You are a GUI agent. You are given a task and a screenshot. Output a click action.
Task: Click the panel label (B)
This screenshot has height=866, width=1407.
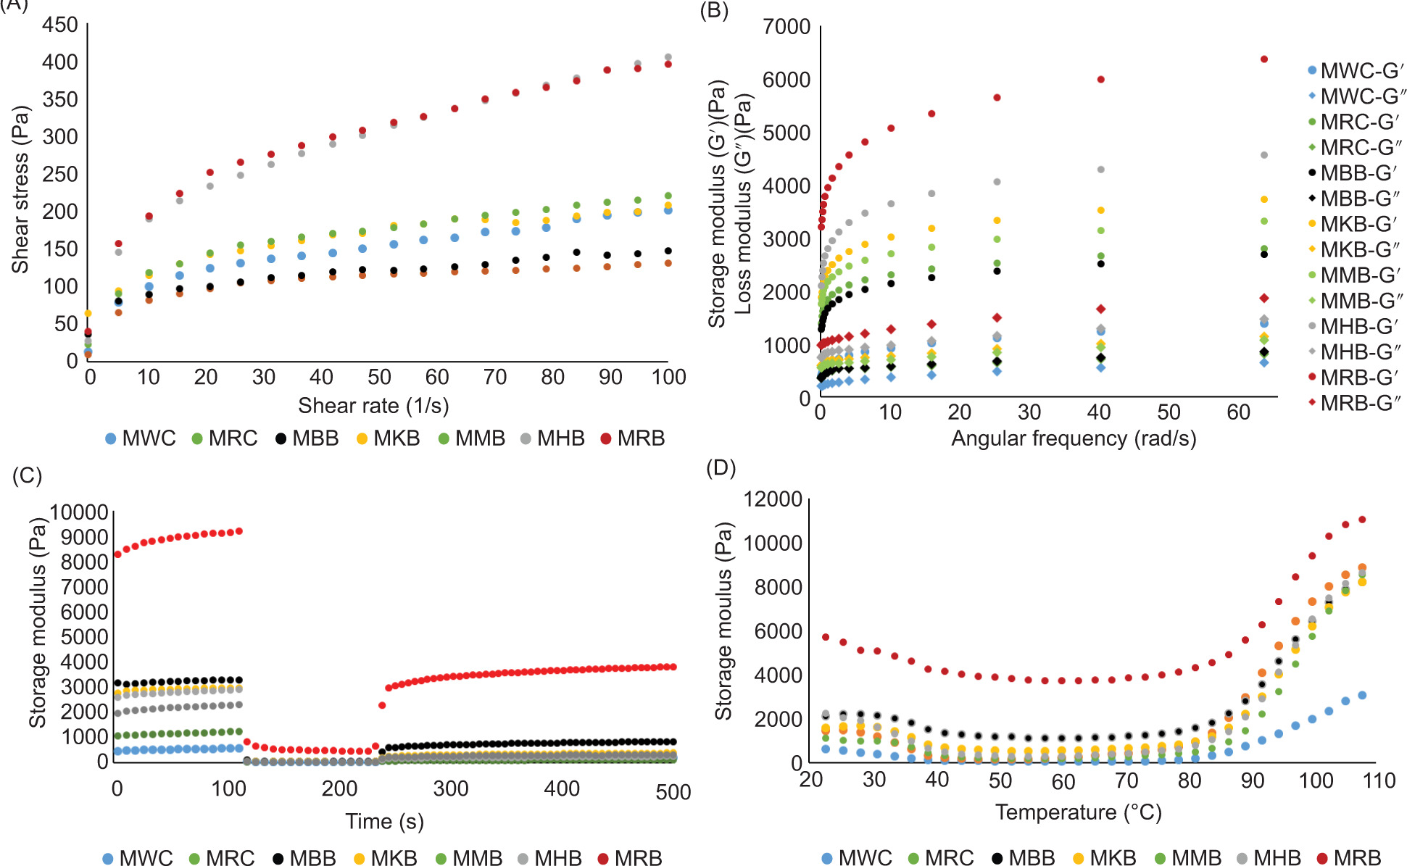tap(714, 11)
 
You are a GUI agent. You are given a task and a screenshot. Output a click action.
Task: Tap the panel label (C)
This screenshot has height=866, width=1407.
tap(28, 475)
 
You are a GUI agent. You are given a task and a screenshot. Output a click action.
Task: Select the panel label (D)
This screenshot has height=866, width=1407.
tap(721, 467)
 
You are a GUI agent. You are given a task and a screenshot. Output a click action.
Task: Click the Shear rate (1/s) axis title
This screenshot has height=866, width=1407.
tap(373, 405)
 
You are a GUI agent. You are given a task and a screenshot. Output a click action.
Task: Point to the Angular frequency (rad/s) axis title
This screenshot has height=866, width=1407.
tap(1074, 438)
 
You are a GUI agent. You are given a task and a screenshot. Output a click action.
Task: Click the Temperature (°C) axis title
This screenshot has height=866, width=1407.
tap(1078, 812)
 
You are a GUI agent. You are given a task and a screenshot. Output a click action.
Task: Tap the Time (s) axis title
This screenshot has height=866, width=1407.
tap(384, 821)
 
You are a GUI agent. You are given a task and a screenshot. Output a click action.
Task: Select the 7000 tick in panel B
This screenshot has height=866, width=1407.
tap(786, 27)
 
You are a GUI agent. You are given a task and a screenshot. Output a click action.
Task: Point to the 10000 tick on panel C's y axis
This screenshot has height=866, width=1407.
tap(78, 512)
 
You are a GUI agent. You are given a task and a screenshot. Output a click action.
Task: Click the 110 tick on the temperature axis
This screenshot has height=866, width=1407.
tap(1378, 780)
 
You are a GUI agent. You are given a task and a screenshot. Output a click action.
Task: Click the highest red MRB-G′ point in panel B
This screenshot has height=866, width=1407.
tap(1264, 59)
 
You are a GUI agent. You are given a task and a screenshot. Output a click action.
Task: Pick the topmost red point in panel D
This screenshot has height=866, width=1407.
tap(1362, 520)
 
